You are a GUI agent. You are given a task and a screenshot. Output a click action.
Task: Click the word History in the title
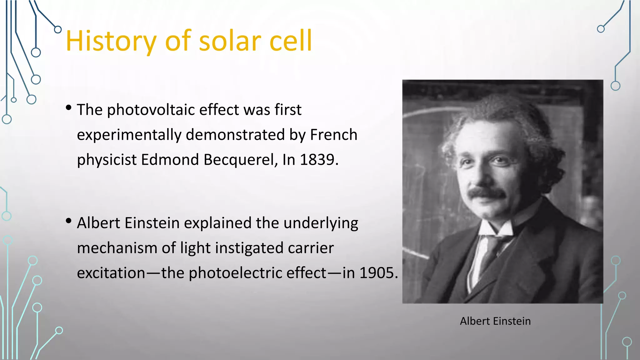[x=111, y=41]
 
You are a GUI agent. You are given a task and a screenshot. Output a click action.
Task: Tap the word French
[x=333, y=135]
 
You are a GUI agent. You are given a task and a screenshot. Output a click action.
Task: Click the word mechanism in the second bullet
[x=117, y=248]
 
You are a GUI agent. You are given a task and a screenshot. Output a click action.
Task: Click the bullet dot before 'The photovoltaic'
[x=69, y=108]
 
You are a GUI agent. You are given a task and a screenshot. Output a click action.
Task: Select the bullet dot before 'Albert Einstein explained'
[x=69, y=221]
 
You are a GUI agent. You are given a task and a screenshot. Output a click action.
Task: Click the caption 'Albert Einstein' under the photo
[x=495, y=321]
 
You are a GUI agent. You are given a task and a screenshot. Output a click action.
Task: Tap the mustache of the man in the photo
[x=486, y=192]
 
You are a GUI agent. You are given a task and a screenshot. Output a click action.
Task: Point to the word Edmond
[x=170, y=160]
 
